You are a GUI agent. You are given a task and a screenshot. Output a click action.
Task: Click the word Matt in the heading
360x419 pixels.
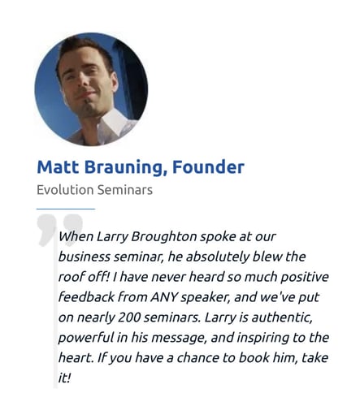[58, 167]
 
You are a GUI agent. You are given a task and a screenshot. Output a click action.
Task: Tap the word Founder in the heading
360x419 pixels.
[208, 167]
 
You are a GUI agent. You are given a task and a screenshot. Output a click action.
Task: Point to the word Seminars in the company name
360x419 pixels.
[125, 190]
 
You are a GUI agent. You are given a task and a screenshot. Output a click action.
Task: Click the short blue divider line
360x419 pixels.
[66, 209]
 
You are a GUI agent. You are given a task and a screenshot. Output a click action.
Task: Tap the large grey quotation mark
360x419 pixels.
[60, 230]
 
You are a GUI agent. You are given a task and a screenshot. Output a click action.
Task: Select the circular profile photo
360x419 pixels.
[91, 89]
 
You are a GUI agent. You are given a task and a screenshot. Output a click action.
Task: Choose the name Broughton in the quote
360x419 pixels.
[164, 237]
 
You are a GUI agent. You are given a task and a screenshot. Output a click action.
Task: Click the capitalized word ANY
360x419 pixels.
[164, 297]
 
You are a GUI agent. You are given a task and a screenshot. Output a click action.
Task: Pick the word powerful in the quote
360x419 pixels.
[86, 338]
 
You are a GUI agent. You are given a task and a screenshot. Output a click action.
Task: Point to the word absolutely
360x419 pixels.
[217, 257]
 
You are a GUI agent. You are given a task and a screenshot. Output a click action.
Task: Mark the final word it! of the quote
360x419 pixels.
[64, 378]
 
